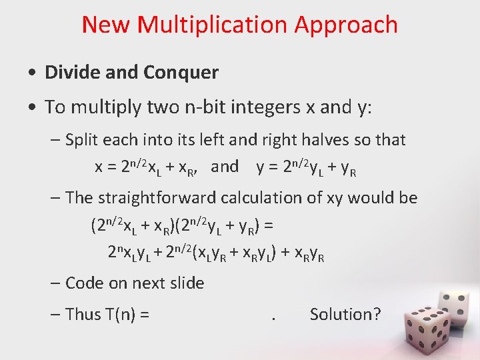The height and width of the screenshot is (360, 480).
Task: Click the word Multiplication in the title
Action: [212, 25]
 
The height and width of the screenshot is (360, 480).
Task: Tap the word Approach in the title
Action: [345, 25]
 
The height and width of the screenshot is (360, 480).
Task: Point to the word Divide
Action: [73, 72]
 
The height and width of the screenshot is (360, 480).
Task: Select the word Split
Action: [82, 140]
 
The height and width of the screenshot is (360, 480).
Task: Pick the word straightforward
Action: [167, 198]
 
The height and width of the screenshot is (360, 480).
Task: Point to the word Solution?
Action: [345, 314]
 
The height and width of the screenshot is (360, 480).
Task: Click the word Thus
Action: [83, 314]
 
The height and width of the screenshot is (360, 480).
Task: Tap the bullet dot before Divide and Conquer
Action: [32, 73]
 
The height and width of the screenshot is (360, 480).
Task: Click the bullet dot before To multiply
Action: [32, 107]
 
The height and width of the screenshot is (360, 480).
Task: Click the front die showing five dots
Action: [415, 333]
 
